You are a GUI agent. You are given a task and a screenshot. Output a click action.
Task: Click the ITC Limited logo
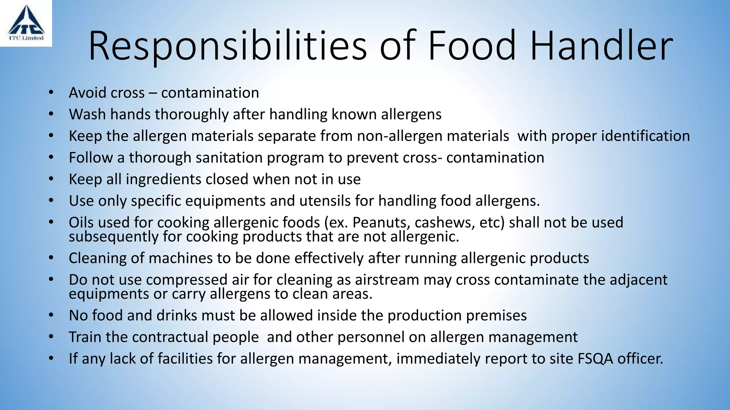(x=26, y=23)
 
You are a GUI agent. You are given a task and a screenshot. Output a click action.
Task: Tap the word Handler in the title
(x=601, y=46)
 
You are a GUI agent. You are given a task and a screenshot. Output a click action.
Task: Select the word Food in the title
(x=472, y=46)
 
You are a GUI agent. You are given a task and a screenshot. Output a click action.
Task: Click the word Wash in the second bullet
(x=88, y=115)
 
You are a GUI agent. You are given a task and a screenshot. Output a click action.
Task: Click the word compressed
(x=187, y=280)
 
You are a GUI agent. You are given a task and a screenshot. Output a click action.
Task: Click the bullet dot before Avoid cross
(x=51, y=93)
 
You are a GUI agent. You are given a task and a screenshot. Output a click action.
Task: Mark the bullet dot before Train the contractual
(x=51, y=337)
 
